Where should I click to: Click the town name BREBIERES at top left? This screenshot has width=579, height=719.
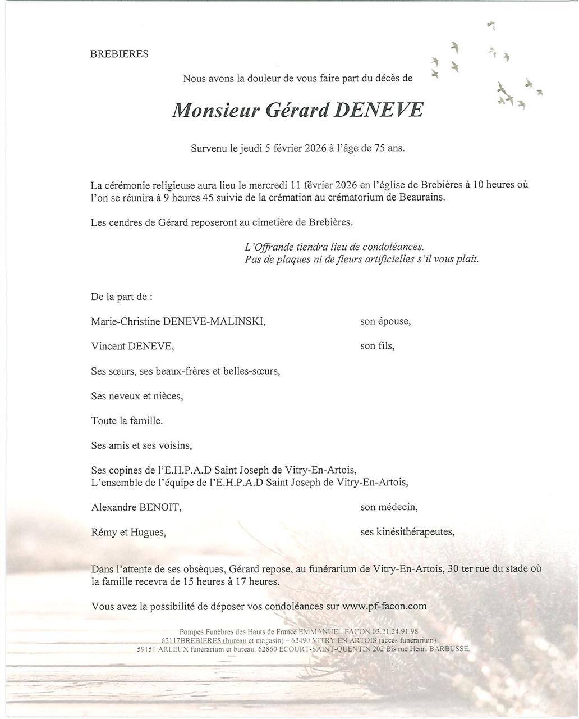[x=119, y=54]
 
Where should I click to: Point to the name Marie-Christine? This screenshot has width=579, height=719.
[x=125, y=321]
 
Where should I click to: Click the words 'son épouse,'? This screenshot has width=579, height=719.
[x=385, y=321]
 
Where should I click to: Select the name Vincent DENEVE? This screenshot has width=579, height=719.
[x=132, y=346]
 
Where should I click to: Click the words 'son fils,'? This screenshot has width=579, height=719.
[x=377, y=346]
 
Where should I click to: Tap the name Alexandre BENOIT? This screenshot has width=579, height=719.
[x=136, y=507]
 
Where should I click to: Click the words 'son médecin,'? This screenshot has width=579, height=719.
[x=389, y=507]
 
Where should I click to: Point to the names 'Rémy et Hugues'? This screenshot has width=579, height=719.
[x=128, y=532]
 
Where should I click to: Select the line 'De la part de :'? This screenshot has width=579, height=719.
[x=121, y=297]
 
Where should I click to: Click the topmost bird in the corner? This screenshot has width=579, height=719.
[x=492, y=25]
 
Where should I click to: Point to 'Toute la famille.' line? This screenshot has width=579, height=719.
[x=127, y=421]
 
